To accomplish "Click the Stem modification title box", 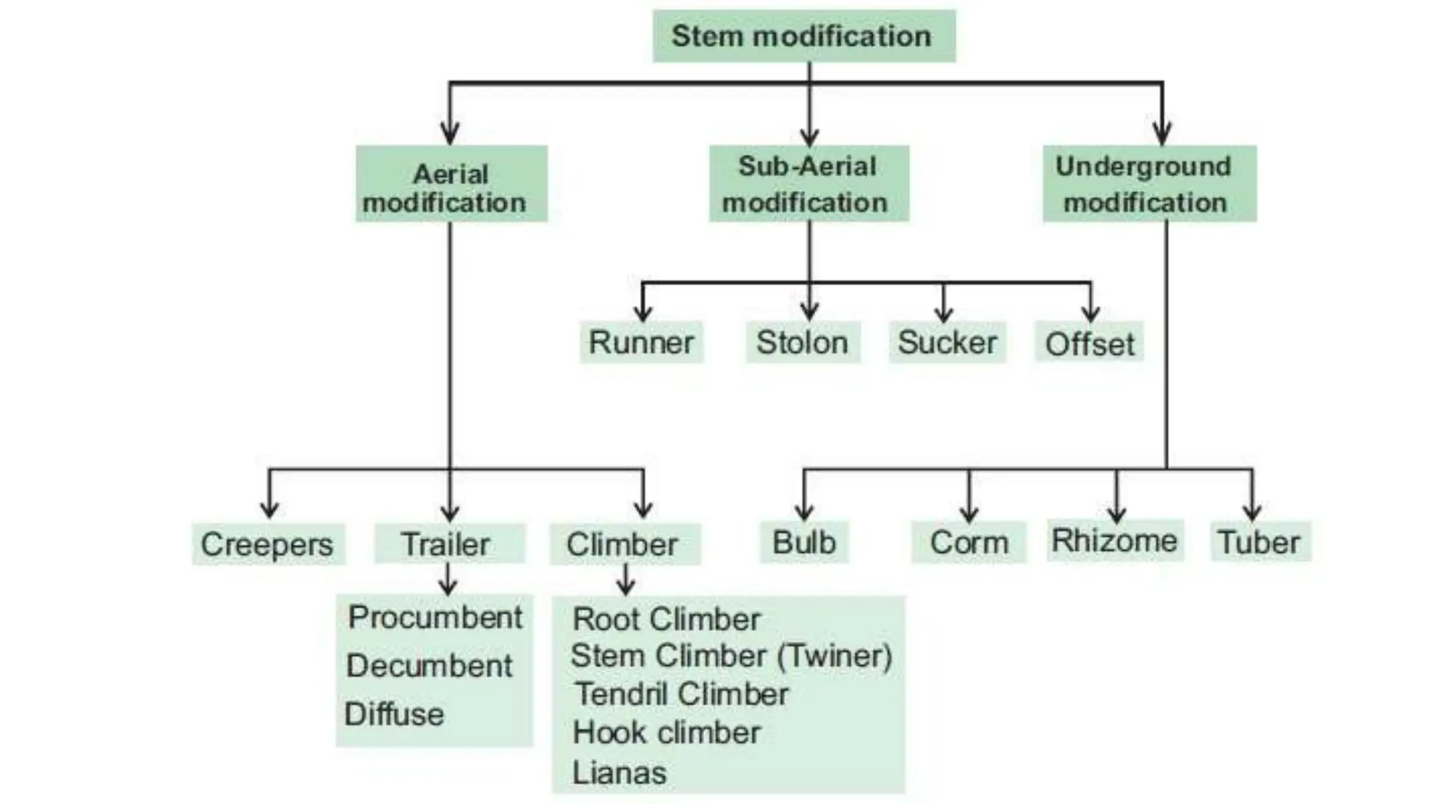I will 803,36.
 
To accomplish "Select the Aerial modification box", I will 451,184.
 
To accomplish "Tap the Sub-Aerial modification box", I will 808,184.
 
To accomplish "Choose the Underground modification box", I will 1149,184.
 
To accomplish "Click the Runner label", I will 641,343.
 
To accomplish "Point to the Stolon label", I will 802,343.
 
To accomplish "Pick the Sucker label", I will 947,343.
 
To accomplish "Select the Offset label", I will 1088,344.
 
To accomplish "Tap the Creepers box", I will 267,544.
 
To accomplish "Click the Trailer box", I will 448,544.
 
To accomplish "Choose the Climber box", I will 623,544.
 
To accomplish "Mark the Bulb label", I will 804,542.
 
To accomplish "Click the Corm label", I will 968,542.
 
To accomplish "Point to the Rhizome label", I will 1114,540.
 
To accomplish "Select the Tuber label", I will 1259,542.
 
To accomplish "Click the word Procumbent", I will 435,617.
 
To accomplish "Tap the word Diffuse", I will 394,714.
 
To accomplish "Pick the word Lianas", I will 619,773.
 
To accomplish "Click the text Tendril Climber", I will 681,694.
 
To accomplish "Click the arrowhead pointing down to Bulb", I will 804,513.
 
